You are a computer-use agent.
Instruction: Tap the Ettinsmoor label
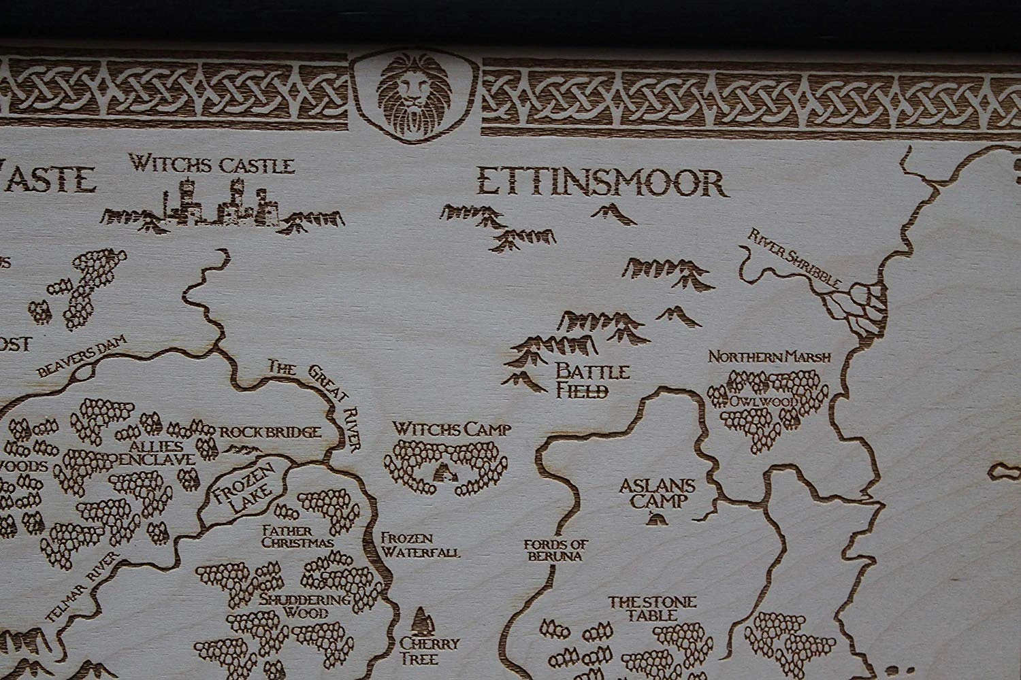pos(599,182)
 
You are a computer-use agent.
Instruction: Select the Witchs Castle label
pos(212,165)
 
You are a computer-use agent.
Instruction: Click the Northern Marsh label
pos(771,356)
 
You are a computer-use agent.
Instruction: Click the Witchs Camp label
pos(452,428)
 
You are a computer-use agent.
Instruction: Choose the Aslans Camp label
pos(658,494)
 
